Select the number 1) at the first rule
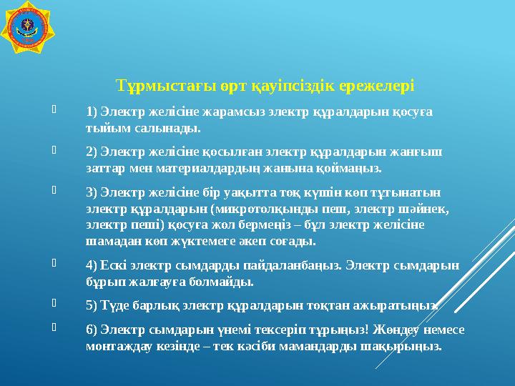(91, 112)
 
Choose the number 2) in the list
(91, 152)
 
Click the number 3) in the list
(91, 192)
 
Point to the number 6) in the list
(91, 330)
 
